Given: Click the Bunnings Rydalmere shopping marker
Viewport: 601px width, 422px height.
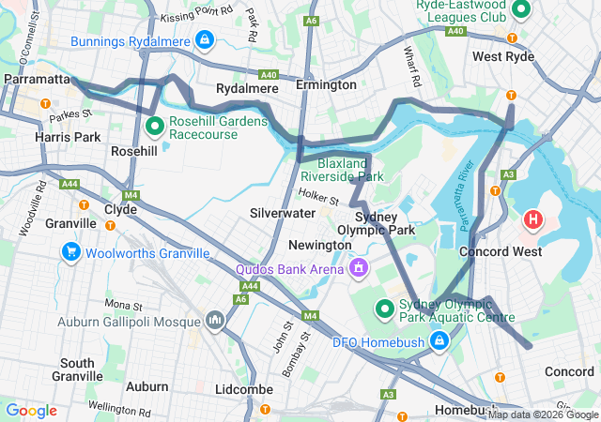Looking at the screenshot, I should pyautogui.click(x=205, y=39).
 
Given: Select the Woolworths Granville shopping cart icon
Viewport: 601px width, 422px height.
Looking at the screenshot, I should pyautogui.click(x=70, y=252).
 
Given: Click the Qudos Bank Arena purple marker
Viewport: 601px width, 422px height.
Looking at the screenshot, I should pyautogui.click(x=357, y=270).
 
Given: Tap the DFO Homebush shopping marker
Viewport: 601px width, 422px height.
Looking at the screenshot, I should pyautogui.click(x=438, y=340).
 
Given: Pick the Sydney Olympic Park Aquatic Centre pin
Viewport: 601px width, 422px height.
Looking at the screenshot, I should pyautogui.click(x=384, y=308).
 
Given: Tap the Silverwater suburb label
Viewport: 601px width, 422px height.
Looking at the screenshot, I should pyautogui.click(x=283, y=214).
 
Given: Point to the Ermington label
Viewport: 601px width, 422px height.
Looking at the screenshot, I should pyautogui.click(x=326, y=85).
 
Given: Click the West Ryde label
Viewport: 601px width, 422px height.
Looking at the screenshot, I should pyautogui.click(x=503, y=57).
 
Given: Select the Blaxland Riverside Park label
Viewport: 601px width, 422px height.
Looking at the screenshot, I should pyautogui.click(x=343, y=170).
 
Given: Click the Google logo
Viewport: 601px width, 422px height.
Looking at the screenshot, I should pyautogui.click(x=32, y=410).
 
